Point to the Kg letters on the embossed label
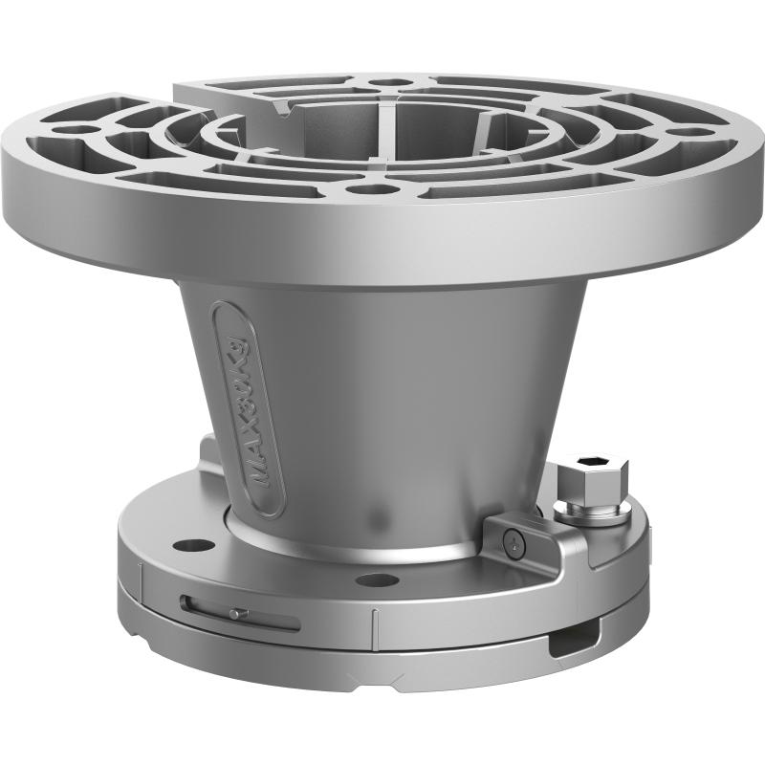232,345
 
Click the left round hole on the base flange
199,545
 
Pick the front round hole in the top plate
361,189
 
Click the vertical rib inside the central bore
382,134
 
